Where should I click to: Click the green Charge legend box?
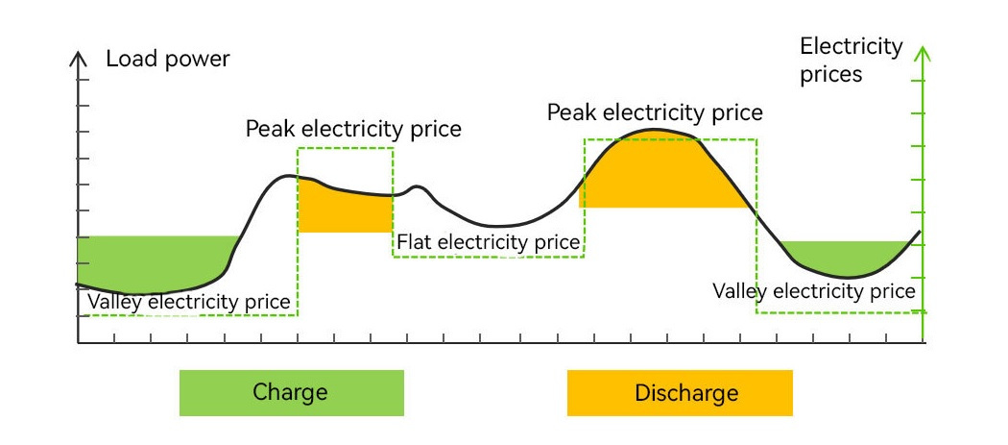(291, 392)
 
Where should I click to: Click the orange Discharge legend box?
(680, 393)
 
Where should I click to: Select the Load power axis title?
(168, 59)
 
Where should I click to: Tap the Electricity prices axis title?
(852, 60)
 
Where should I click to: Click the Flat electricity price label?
(489, 242)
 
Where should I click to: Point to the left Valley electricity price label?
(189, 302)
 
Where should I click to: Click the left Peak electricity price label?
(353, 129)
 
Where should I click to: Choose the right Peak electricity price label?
(655, 112)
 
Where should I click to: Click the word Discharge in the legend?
(686, 393)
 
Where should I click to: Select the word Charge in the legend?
(290, 392)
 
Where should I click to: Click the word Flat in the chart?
(415, 242)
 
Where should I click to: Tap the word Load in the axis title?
(128, 59)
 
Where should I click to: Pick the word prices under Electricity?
(831, 74)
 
